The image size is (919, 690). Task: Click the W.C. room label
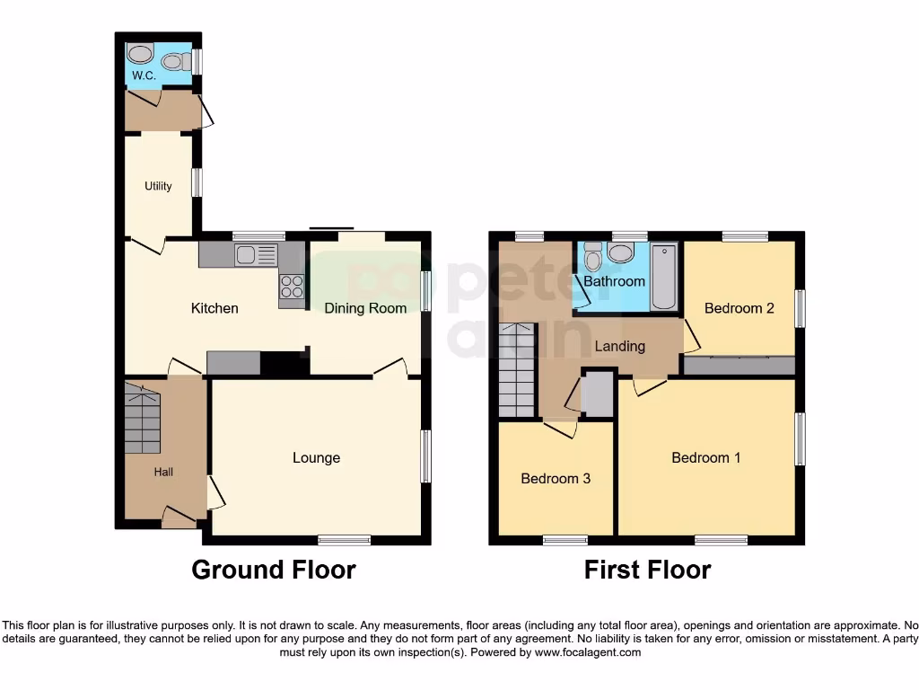(144, 76)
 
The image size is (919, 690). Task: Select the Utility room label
(158, 186)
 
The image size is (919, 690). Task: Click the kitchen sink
(257, 255)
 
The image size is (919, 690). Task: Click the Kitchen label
(214, 308)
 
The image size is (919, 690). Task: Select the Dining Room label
(364, 308)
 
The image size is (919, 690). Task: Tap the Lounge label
(316, 457)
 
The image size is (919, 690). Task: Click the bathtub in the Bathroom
(664, 275)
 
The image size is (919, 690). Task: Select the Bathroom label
(614, 281)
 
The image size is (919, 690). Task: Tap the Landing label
(619, 346)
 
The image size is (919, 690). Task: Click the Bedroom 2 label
(739, 308)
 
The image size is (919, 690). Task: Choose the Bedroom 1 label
(706, 457)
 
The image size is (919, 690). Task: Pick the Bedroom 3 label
(556, 478)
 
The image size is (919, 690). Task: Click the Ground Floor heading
(274, 570)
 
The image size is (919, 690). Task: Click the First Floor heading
(647, 570)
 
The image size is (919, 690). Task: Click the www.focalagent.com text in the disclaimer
(588, 652)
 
